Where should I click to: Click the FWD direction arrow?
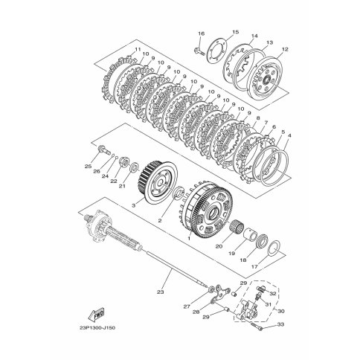[x=96, y=314]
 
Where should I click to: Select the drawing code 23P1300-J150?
[x=97, y=328]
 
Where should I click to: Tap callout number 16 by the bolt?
[x=202, y=33]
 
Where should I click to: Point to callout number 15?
[x=235, y=32]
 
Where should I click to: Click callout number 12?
[x=285, y=49]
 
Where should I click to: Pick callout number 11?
[x=138, y=49]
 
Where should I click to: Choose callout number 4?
[x=289, y=135]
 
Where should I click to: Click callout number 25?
[x=88, y=167]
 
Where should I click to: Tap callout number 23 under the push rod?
[x=161, y=292]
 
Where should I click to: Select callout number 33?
[x=280, y=324]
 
